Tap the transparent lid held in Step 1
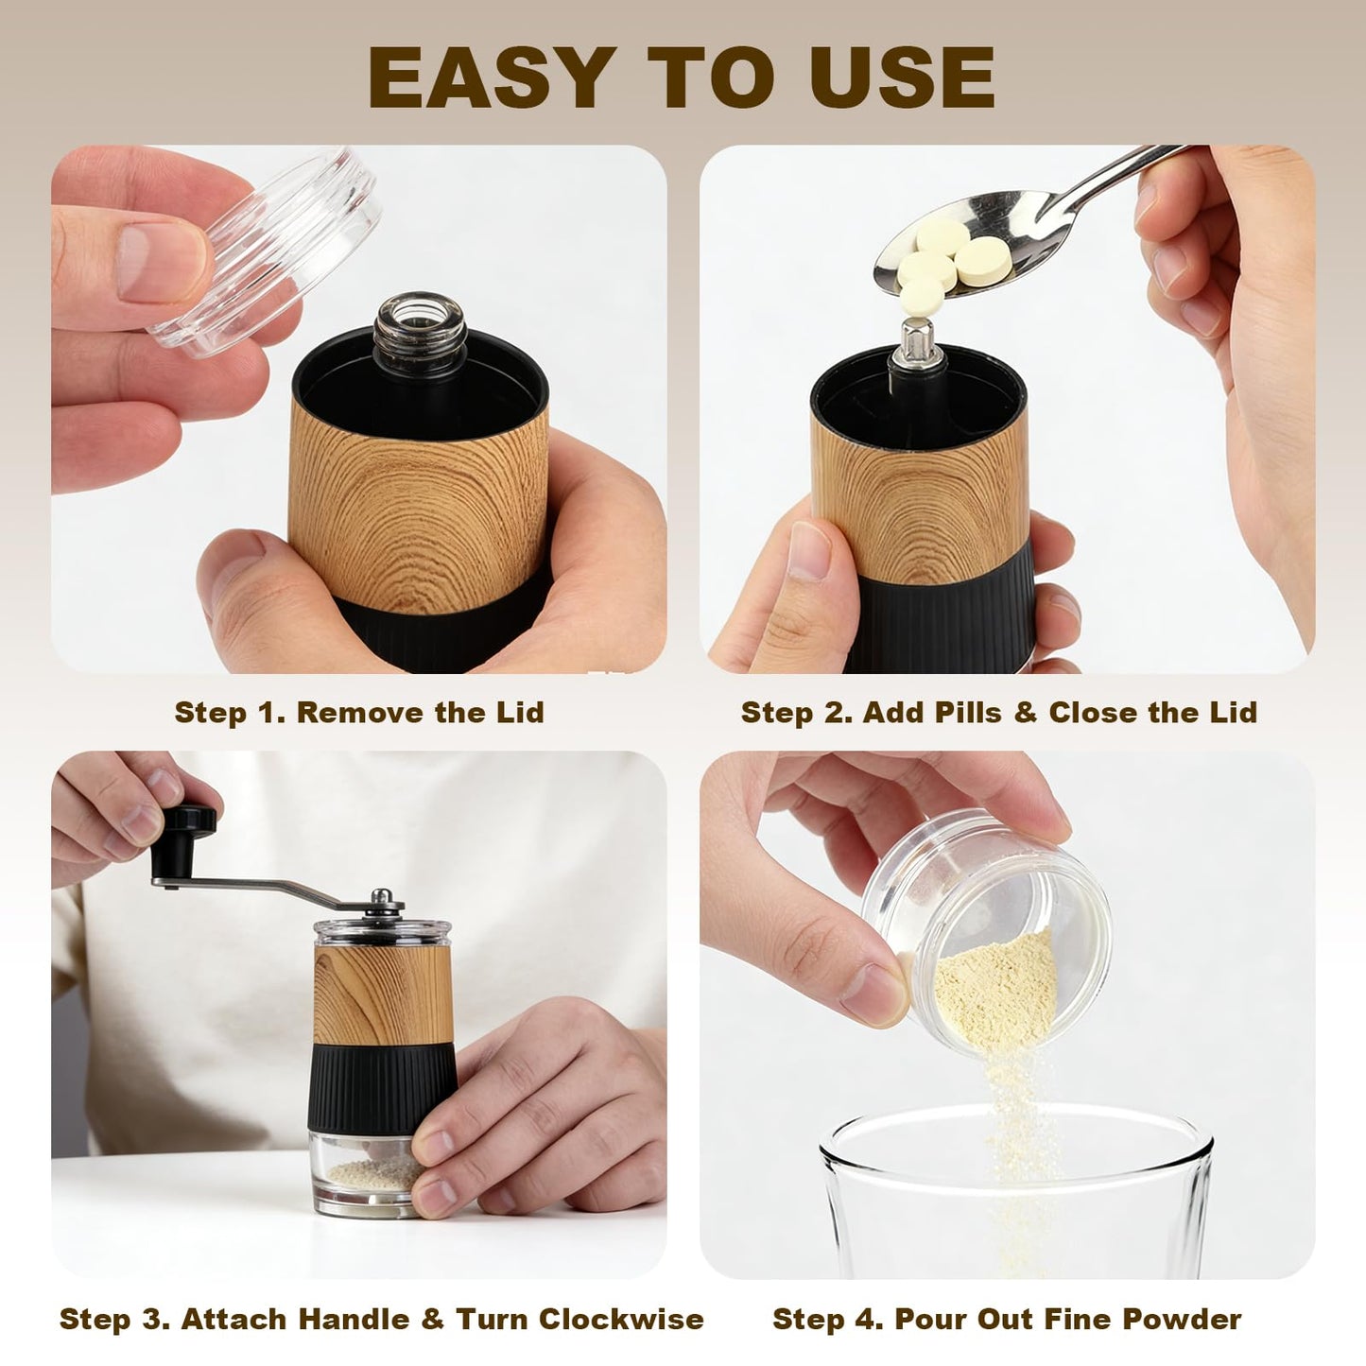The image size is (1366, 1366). pyautogui.click(x=267, y=248)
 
